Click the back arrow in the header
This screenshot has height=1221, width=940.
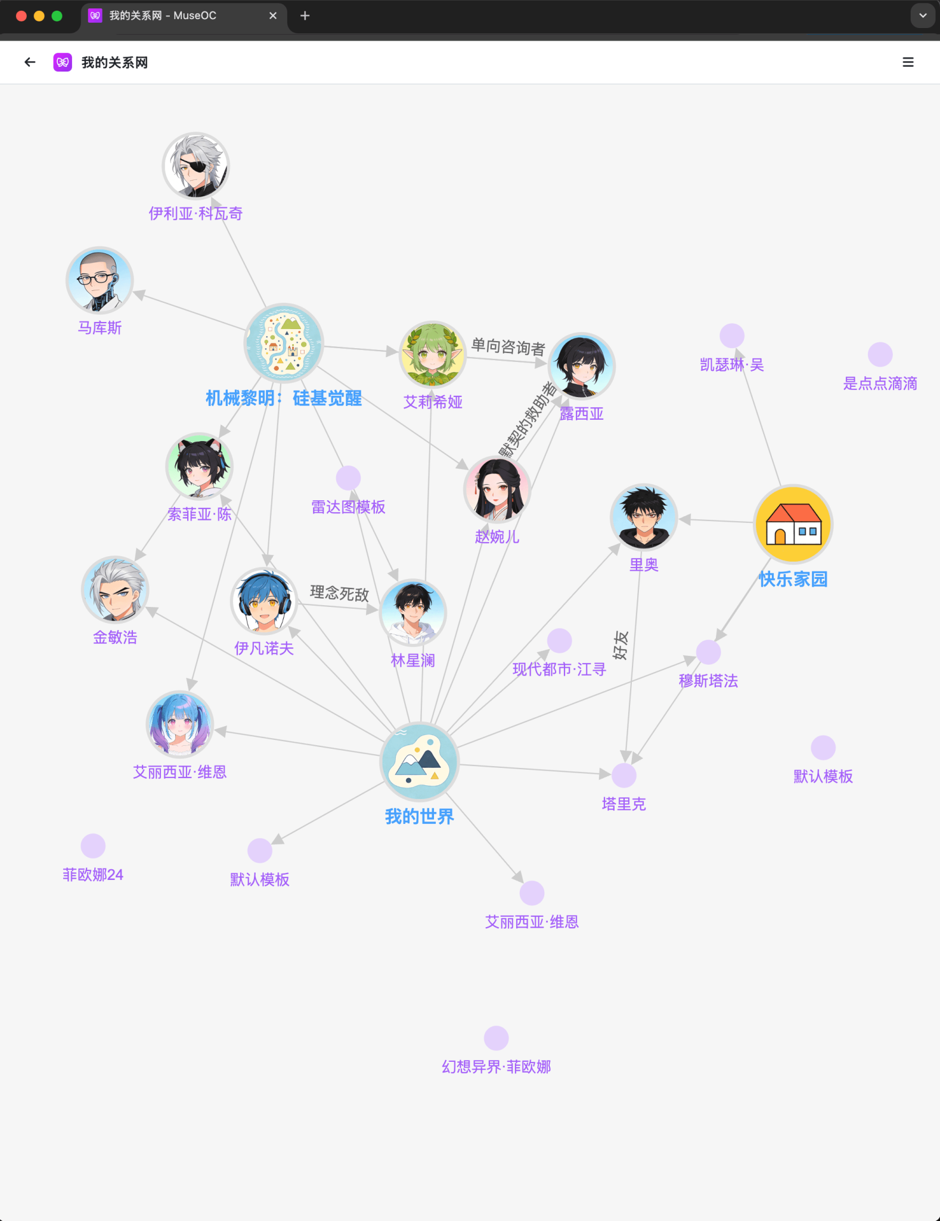pyautogui.click(x=30, y=62)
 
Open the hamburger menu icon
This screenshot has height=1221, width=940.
pyautogui.click(x=908, y=62)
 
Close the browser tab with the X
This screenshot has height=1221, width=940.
pyautogui.click(x=273, y=16)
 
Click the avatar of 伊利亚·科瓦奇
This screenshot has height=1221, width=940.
pyautogui.click(x=196, y=166)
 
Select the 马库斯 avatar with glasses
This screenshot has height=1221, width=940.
pyautogui.click(x=100, y=280)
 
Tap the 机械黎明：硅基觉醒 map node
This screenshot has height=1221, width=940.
pyautogui.click(x=284, y=343)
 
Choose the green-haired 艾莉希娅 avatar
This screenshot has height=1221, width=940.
pyautogui.click(x=433, y=355)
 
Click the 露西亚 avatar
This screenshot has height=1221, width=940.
pyautogui.click(x=582, y=365)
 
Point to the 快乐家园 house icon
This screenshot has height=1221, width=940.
pyautogui.click(x=793, y=524)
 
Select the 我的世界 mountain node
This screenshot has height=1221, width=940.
pyautogui.click(x=419, y=761)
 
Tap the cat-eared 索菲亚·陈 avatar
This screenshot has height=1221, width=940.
pyautogui.click(x=199, y=466)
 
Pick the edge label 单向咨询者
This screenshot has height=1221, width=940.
pyautogui.click(x=508, y=346)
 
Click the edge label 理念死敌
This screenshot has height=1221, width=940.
pyautogui.click(x=339, y=593)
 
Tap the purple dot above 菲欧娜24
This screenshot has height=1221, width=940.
pyautogui.click(x=93, y=846)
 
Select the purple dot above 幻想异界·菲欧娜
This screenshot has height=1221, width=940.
pyautogui.click(x=496, y=1038)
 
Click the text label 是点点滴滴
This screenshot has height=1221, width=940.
pyautogui.click(x=880, y=383)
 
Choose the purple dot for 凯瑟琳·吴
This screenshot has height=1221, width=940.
pyautogui.click(x=732, y=336)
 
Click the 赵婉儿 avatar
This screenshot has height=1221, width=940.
pyautogui.click(x=497, y=489)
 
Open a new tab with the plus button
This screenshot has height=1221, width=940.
pyautogui.click(x=305, y=16)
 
